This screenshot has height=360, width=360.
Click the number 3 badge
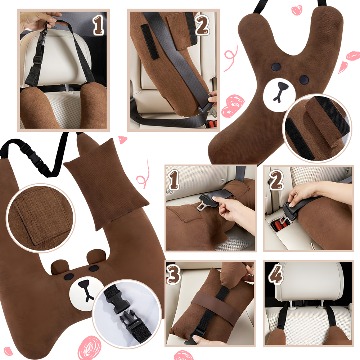click(174, 274)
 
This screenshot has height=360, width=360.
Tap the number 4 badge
click(276, 274)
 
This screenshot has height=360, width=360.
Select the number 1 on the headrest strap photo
click(98, 25)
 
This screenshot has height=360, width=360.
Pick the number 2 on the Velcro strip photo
click(202, 25)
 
